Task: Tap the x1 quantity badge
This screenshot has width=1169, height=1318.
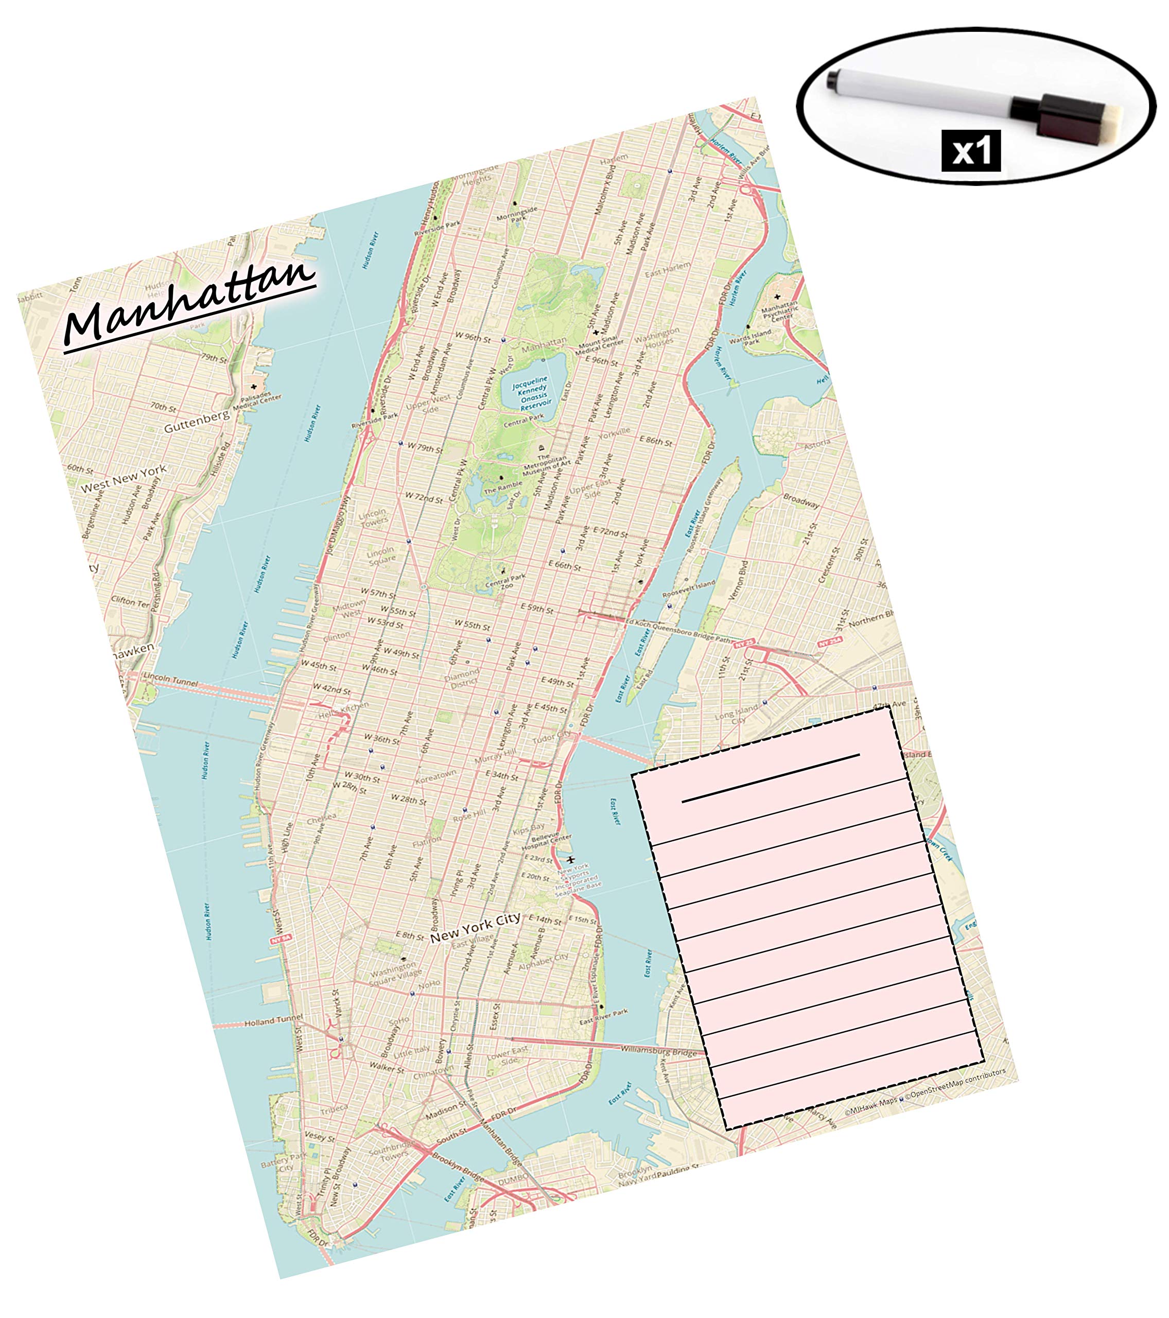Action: (x=970, y=151)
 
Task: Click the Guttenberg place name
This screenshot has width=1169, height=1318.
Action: (x=196, y=421)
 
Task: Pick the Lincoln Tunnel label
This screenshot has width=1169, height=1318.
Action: (x=171, y=680)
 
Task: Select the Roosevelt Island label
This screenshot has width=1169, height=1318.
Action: (x=689, y=588)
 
